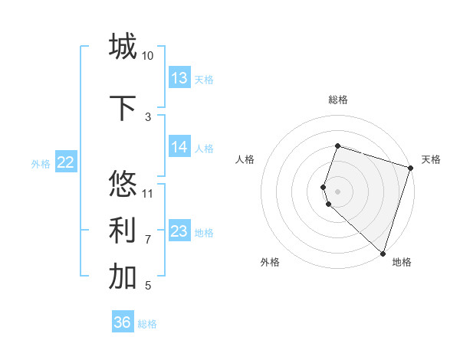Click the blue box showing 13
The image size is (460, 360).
179,78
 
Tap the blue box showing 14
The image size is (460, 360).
179,147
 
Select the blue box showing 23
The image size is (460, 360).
179,231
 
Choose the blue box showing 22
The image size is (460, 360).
66,162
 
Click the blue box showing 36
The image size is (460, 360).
123,322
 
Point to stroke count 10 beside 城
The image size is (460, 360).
148,56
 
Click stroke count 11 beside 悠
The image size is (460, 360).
148,193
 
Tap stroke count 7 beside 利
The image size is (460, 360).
148,239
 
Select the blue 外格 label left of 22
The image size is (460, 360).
41,163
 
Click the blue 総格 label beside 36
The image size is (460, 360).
147,324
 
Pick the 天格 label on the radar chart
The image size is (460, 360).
431,159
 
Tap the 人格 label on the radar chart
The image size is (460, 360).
245,159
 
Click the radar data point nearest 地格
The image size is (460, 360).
383,253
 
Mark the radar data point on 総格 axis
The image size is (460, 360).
337,146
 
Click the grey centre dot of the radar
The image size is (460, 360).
337,190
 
